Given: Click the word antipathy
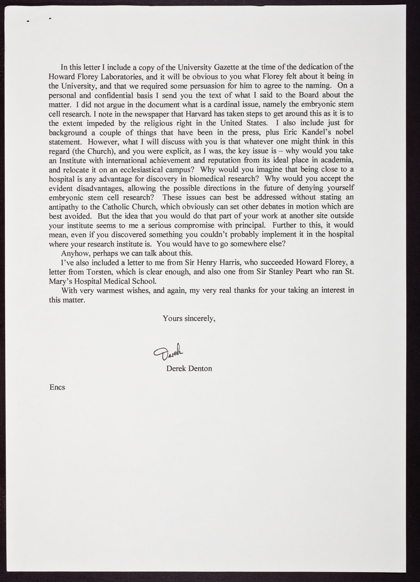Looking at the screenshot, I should pyautogui.click(x=63, y=207).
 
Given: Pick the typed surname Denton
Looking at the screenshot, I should pyautogui.click(x=200, y=369).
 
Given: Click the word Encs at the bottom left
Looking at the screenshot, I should pyautogui.click(x=57, y=387).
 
